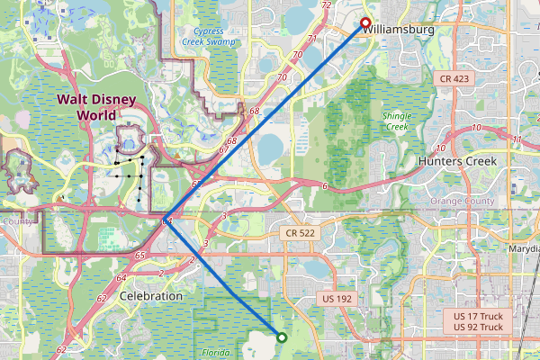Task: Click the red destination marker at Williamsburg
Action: [x=365, y=23]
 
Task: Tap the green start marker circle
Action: [x=282, y=338]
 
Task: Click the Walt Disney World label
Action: [x=98, y=107]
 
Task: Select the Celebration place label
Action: [x=151, y=295]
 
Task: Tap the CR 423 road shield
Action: [x=454, y=79]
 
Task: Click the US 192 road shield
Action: [x=340, y=299]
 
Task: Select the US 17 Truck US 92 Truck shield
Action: [x=478, y=321]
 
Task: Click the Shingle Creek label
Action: [x=397, y=121]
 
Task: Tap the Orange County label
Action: [x=462, y=201]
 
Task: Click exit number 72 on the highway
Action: [x=326, y=5]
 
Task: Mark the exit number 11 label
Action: [x=517, y=139]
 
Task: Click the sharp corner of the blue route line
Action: [x=165, y=219]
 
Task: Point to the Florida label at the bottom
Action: [x=216, y=353]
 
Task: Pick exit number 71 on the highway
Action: [x=311, y=39]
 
